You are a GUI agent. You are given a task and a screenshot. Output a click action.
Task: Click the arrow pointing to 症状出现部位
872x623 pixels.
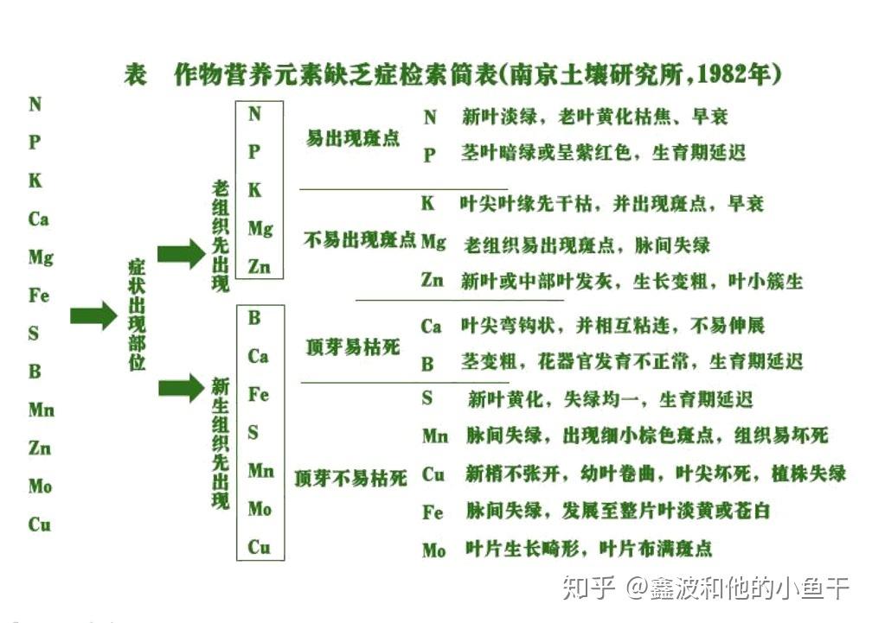(93, 315)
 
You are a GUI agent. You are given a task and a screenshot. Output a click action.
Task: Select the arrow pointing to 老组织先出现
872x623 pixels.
(182, 254)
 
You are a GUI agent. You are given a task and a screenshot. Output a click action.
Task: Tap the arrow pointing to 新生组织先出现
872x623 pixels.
(182, 387)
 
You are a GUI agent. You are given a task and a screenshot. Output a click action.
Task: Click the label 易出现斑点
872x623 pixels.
(353, 137)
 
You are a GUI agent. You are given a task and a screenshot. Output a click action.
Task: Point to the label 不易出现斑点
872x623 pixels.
(359, 239)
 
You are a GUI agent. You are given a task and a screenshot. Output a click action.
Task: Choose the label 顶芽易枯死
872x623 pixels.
(353, 347)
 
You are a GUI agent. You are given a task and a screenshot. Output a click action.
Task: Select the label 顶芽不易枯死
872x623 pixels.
(351, 478)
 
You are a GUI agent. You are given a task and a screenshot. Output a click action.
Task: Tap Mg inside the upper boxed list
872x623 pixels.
(260, 229)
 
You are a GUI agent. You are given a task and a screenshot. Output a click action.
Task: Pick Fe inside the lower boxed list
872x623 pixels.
(259, 394)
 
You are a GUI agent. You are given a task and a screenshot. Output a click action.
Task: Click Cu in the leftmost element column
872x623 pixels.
(40, 524)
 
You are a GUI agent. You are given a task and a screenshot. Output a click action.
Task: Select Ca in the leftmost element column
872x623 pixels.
(38, 219)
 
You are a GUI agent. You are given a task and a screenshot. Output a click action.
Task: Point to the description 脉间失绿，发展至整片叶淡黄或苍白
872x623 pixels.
(618, 511)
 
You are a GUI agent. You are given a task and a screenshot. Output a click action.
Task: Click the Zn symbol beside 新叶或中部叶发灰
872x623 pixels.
(433, 279)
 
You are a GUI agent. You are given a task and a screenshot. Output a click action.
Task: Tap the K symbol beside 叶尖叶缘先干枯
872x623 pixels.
(427, 203)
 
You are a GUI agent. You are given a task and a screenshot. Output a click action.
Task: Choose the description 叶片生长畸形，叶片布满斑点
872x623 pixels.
(589, 549)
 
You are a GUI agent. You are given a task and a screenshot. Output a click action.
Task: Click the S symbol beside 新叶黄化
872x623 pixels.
(426, 397)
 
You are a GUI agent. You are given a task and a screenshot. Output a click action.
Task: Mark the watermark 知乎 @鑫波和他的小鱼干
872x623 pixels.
(706, 588)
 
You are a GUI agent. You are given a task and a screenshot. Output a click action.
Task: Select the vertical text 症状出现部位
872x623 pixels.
(137, 315)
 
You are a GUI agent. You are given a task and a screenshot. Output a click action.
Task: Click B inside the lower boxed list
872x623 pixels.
(254, 318)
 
